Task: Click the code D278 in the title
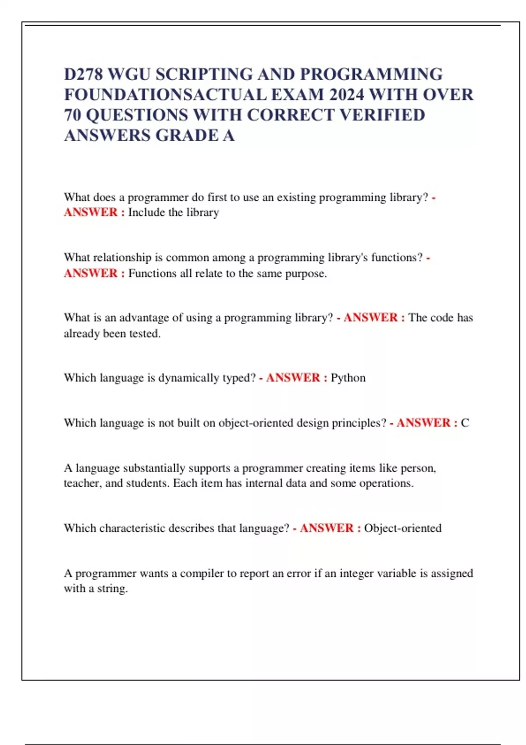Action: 83,74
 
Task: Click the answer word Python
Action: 348,378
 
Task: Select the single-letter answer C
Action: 465,423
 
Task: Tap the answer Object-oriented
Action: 402,528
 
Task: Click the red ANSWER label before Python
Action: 293,378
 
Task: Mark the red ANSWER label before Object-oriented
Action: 327,528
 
